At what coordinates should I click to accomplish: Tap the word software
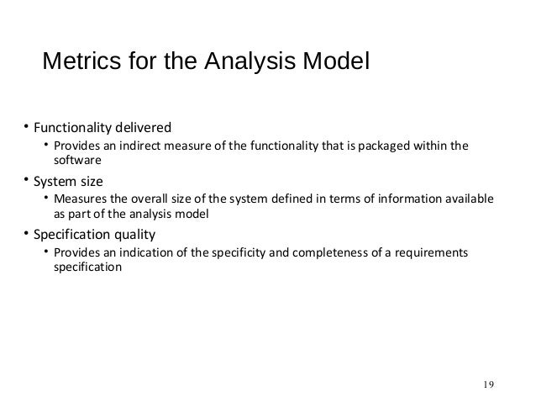click(x=76, y=164)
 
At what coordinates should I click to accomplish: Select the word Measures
click(x=80, y=200)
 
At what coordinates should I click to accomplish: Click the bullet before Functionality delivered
click(x=26, y=128)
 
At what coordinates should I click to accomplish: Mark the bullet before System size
click(x=26, y=180)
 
